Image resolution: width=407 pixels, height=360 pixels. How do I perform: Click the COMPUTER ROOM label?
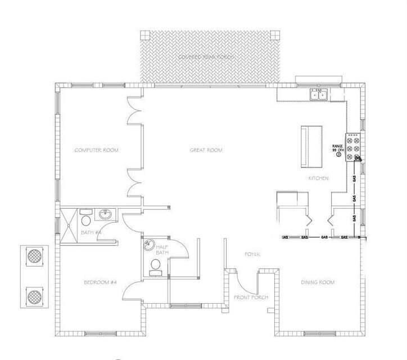pyautogui.click(x=99, y=150)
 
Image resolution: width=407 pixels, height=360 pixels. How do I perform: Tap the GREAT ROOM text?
pyautogui.click(x=205, y=150)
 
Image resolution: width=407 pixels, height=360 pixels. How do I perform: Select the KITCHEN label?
pyautogui.click(x=318, y=178)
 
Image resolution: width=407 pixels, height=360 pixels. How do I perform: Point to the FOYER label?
pyautogui.click(x=251, y=255)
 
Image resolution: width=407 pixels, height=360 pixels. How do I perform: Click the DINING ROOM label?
pyautogui.click(x=318, y=282)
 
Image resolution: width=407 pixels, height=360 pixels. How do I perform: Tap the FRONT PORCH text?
pyautogui.click(x=251, y=297)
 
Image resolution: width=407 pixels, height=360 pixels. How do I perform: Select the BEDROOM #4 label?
pyautogui.click(x=100, y=282)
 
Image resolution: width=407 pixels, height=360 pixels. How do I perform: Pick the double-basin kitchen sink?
pyautogui.click(x=319, y=94)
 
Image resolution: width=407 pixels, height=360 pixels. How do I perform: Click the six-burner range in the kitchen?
pyautogui.click(x=354, y=147)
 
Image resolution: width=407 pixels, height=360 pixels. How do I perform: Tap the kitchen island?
pyautogui.click(x=312, y=146)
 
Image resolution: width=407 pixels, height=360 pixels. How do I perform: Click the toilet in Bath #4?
pyautogui.click(x=85, y=219)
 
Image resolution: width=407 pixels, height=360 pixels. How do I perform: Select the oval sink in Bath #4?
pyautogui.click(x=105, y=215)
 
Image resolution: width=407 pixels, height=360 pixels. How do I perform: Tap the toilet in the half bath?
pyautogui.click(x=155, y=266)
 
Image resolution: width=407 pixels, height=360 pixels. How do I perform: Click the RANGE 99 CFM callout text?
pyautogui.click(x=338, y=148)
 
